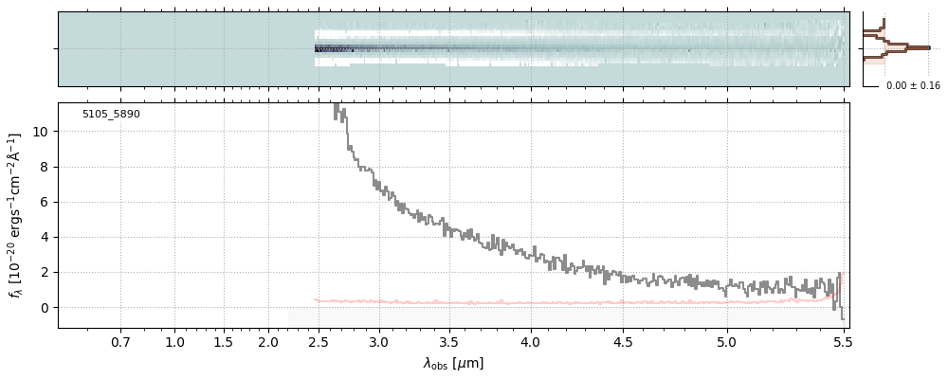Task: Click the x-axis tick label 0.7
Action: coord(120,341)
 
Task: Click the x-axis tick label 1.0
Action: coord(174,341)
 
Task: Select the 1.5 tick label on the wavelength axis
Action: coord(223,341)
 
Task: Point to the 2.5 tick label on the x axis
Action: coord(318,341)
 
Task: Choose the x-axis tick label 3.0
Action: coord(379,341)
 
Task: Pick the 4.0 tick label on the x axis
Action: coord(531,341)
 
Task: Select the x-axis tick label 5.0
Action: coord(727,341)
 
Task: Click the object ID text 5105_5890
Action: coord(111,114)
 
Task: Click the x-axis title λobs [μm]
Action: coord(453,363)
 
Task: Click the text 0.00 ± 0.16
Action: coord(913,86)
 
